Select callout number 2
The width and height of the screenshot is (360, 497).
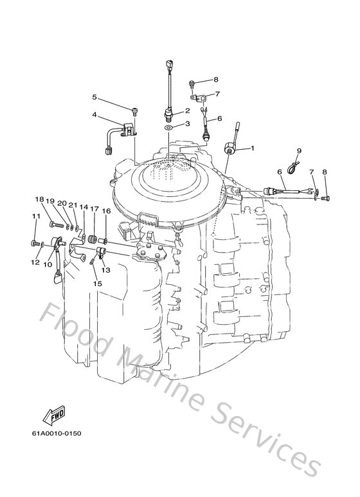point(188,111)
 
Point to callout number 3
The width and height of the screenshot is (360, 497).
point(188,123)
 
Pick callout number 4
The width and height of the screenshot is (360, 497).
point(94,116)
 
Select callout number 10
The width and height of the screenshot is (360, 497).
point(48,264)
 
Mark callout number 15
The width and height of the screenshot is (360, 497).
point(97,284)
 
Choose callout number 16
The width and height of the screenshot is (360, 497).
point(107,210)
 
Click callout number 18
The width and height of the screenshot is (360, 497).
point(40,199)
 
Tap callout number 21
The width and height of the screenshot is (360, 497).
point(74,206)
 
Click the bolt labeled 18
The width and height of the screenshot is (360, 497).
point(55,224)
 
